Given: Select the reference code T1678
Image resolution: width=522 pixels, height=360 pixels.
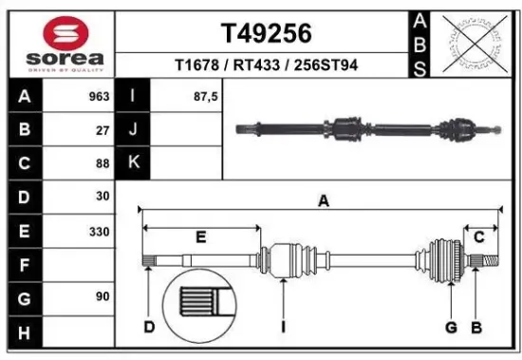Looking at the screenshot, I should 196,66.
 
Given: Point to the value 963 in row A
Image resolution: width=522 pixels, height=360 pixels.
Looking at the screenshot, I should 98,97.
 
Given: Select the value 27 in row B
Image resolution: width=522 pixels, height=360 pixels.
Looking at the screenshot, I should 102,130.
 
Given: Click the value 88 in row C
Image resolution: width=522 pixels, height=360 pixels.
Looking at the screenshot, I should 102,163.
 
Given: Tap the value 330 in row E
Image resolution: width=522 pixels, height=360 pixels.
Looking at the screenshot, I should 98,231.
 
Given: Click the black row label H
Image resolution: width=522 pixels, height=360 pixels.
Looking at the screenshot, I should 25,332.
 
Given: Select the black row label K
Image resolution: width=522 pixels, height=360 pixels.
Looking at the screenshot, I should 133,163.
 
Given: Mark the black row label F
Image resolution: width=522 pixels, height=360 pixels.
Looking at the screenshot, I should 25,265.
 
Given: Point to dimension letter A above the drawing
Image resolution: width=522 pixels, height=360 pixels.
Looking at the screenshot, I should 324,200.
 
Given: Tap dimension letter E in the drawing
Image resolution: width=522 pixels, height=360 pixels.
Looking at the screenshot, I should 200,237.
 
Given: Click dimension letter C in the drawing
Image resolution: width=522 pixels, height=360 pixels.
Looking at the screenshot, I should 480,237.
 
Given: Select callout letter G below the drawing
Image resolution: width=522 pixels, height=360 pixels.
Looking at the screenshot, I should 452,327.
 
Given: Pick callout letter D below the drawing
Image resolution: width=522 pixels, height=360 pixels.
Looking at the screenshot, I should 149,327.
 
